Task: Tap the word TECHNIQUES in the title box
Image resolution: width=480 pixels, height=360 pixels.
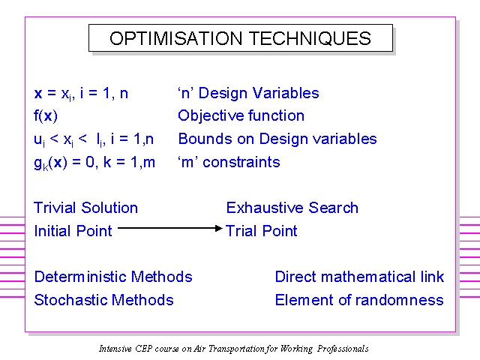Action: pos(310,38)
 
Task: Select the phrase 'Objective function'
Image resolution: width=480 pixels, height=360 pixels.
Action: pos(241,115)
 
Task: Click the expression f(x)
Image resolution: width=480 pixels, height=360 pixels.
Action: pos(46,116)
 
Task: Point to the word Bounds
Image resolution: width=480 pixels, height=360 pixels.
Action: pos(205,139)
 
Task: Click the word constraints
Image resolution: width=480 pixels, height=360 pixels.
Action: pos(241,162)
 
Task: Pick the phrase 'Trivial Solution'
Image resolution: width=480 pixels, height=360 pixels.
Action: pos(86,208)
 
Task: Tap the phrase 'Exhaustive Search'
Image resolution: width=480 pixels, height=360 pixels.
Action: pos(292,208)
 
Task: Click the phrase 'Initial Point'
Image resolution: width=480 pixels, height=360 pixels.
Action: pos(73,231)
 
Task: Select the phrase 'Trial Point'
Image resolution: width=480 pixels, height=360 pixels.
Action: pos(262,231)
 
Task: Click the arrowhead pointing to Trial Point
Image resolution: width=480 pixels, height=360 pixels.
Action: pos(218,228)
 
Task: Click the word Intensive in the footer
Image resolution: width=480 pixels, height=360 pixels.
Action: pos(115,349)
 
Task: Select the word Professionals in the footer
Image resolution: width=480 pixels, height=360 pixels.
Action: pos(343,349)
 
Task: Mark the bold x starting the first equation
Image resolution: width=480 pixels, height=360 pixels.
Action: pos(38,94)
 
